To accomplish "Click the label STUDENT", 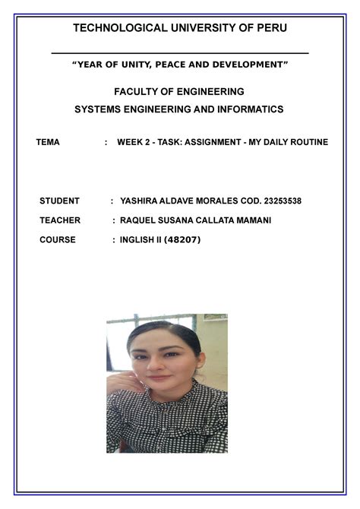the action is [59, 201].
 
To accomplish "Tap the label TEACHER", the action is [60, 220].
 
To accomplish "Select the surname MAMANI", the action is [249, 220].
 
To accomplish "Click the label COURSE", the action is [58, 240].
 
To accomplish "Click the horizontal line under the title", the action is [180, 53].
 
